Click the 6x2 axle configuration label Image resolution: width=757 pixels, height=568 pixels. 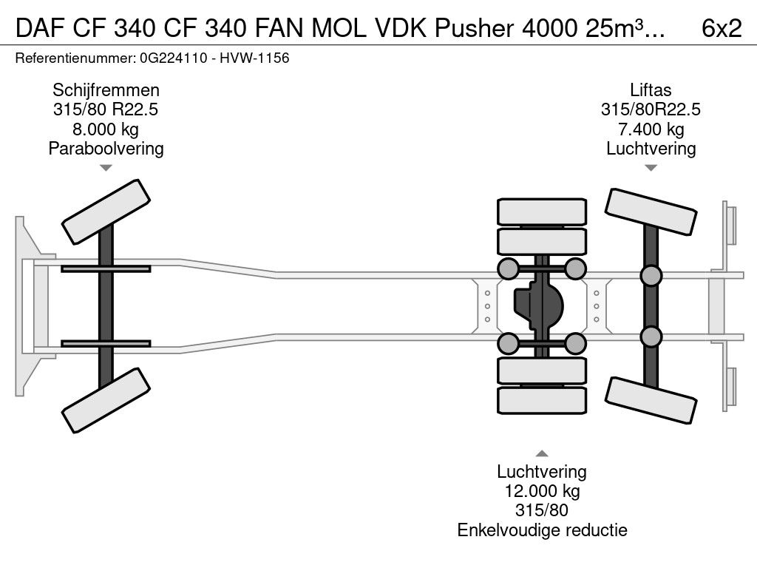tap(722, 28)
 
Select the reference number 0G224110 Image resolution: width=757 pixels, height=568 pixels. tap(173, 58)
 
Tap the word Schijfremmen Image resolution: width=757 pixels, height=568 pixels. tap(106, 90)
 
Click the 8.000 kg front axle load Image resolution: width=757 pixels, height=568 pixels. tap(106, 129)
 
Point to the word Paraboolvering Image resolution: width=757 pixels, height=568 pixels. tap(106, 149)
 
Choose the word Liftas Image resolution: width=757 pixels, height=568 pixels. tap(651, 90)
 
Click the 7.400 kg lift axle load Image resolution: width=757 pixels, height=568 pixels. tap(651, 129)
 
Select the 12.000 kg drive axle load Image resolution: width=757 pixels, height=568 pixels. tap(542, 491)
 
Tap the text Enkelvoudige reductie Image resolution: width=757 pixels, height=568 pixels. tap(542, 530)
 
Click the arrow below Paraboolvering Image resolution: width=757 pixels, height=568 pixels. tap(106, 168)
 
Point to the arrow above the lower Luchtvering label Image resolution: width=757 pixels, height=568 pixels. tap(542, 453)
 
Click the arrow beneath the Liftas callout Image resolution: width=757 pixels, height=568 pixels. tap(651, 168)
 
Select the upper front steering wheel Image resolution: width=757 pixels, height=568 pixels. tap(106, 212)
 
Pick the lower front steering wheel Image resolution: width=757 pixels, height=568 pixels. tap(106, 400)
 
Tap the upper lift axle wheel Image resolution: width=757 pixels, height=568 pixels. tap(651, 212)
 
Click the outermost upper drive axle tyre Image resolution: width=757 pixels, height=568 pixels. tap(542, 212)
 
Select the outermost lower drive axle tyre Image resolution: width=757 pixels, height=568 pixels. tap(542, 400)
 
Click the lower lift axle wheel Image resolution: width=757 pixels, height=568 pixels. tap(651, 400)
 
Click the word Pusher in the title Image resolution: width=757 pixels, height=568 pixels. tap(474, 29)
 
